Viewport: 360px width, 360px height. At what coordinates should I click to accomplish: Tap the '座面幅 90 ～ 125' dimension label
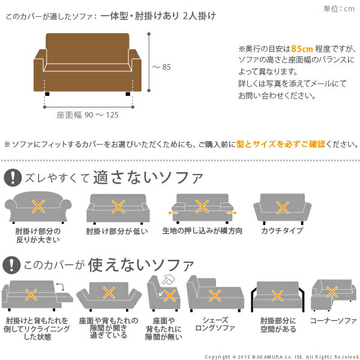pyautogui.click(x=88, y=115)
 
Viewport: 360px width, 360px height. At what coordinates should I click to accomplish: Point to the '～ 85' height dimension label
pyautogui.click(x=161, y=67)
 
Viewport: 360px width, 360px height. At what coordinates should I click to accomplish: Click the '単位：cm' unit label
pyautogui.click(x=339, y=8)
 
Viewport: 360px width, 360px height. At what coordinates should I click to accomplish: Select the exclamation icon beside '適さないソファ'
pyautogui.click(x=12, y=178)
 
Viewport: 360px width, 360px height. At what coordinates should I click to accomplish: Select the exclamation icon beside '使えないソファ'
pyautogui.click(x=12, y=264)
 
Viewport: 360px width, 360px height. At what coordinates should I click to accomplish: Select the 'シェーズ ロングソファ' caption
pyautogui.click(x=214, y=325)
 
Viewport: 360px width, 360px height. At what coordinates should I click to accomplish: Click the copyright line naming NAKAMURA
pyautogui.click(x=281, y=356)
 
